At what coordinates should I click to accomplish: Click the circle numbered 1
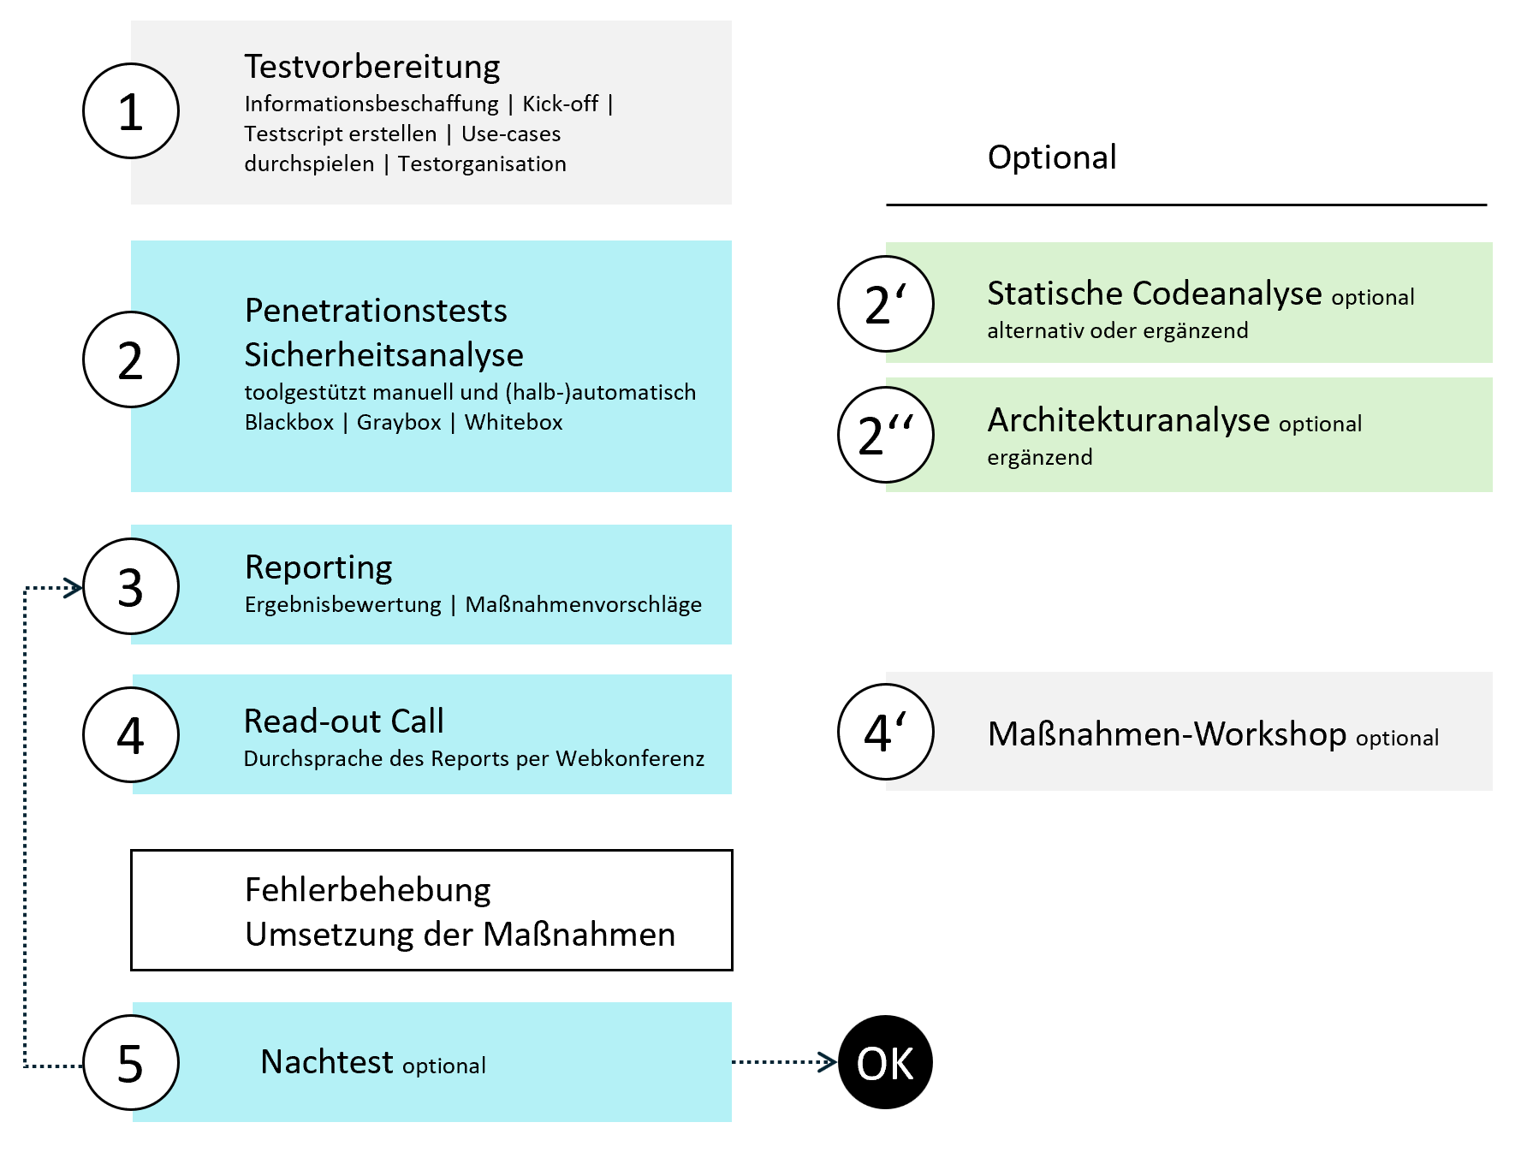tap(131, 111)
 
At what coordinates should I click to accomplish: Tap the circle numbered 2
tap(131, 359)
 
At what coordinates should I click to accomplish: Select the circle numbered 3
tap(131, 586)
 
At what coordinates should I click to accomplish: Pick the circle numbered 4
tap(131, 734)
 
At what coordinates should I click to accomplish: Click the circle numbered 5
tap(131, 1062)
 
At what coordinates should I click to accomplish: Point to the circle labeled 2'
tap(886, 304)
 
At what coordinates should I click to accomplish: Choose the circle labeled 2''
tap(886, 435)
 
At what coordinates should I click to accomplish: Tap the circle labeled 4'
tap(886, 732)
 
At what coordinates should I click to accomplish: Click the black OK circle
tap(886, 1062)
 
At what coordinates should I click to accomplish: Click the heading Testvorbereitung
tap(372, 67)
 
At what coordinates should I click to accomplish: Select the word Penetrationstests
tap(376, 311)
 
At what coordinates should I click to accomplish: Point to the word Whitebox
tap(514, 422)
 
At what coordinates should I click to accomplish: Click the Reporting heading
tap(318, 567)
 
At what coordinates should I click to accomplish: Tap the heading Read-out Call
tap(344, 721)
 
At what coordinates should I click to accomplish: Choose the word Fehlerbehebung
tap(368, 890)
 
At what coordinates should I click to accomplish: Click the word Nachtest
tap(327, 1062)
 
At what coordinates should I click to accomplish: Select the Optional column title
tap(1052, 157)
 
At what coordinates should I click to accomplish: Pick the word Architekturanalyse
tap(1128, 420)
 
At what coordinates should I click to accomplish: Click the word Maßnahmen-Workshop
tap(1167, 734)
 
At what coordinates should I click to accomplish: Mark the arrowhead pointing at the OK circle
tap(829, 1062)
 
